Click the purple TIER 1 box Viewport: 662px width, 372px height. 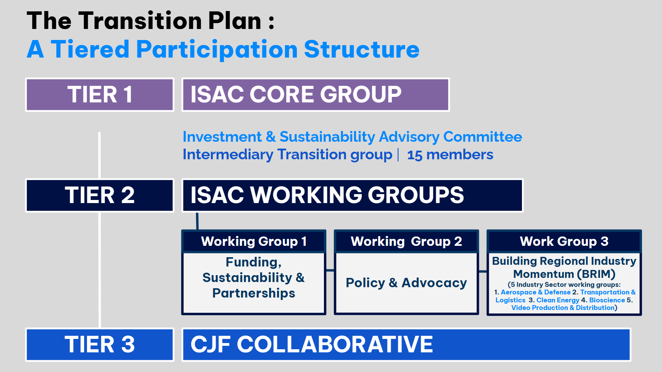click(x=100, y=94)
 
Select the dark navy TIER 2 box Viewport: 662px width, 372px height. click(x=100, y=195)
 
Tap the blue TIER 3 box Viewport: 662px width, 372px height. click(x=100, y=344)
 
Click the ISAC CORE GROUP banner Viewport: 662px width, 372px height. click(x=316, y=94)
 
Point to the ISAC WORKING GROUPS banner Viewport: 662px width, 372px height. click(x=353, y=195)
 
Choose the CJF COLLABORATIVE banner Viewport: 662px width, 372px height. click(x=406, y=344)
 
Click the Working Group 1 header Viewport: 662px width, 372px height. click(x=254, y=241)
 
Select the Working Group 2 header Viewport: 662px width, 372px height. click(x=406, y=241)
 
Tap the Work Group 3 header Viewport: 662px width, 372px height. click(x=564, y=241)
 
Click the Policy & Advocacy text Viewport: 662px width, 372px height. click(x=406, y=283)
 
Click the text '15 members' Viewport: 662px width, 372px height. click(x=450, y=155)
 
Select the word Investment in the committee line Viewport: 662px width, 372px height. click(x=222, y=137)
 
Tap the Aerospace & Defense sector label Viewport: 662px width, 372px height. click(x=536, y=292)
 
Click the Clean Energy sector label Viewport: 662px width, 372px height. click(x=558, y=300)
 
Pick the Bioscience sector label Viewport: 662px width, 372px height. click(x=607, y=300)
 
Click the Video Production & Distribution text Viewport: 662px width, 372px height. click(x=563, y=308)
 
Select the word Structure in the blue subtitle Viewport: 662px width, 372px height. click(x=362, y=49)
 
